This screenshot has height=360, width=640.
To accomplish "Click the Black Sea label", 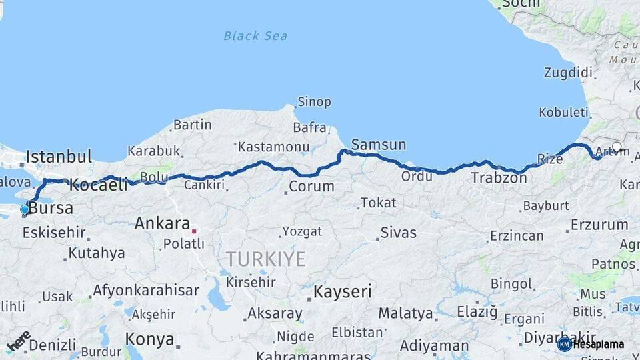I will pyautogui.click(x=255, y=35).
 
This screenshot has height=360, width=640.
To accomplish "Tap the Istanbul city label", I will pyautogui.click(x=59, y=157).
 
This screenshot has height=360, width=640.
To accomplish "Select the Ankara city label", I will pyautogui.click(x=163, y=223).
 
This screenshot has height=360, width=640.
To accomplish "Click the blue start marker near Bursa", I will pyautogui.click(x=25, y=209).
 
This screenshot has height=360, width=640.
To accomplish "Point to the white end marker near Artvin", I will pyautogui.click(x=617, y=147).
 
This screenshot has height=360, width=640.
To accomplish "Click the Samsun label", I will pyautogui.click(x=378, y=145).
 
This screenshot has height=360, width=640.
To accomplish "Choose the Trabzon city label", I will pyautogui.click(x=499, y=178).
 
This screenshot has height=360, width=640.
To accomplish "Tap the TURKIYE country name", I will pyautogui.click(x=265, y=259).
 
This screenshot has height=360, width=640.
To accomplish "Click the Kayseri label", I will pyautogui.click(x=343, y=291).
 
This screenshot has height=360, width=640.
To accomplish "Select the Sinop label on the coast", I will pyautogui.click(x=313, y=102).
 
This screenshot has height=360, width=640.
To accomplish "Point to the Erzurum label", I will pyautogui.click(x=599, y=225).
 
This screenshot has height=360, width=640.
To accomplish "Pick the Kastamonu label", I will pyautogui.click(x=273, y=147).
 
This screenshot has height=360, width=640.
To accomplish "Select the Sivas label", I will pyautogui.click(x=398, y=233).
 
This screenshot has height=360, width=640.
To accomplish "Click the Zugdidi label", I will pyautogui.click(x=568, y=72).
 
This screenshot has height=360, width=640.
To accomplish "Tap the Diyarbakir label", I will pyautogui.click(x=559, y=337).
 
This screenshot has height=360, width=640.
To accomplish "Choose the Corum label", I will pyautogui.click(x=311, y=186).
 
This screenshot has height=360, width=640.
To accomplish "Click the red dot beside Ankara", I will pyautogui.click(x=194, y=231).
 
